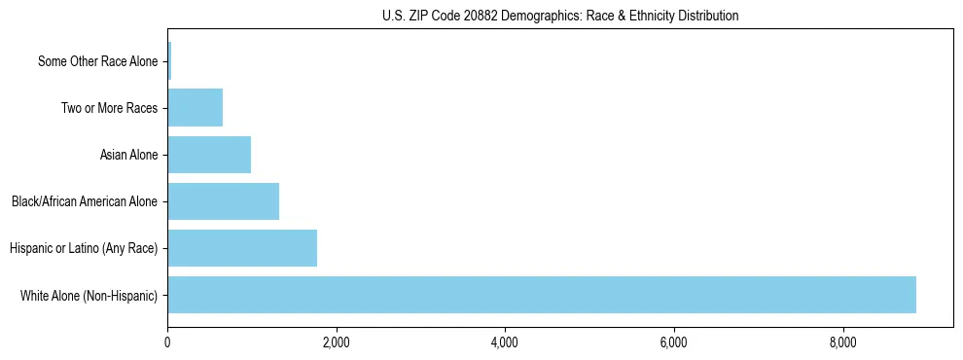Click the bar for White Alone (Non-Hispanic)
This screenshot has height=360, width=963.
click(x=542, y=295)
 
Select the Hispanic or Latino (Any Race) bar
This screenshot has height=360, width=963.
click(x=242, y=248)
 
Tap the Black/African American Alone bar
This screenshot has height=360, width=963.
click(x=224, y=201)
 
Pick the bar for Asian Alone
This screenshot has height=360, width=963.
click(x=209, y=155)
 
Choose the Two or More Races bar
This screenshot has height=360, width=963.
click(x=196, y=108)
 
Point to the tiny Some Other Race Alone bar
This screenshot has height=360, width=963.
click(x=169, y=61)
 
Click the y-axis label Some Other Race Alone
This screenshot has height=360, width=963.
click(x=97, y=61)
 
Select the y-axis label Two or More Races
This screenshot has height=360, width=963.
click(x=109, y=108)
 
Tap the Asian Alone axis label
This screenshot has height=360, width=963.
click(x=128, y=155)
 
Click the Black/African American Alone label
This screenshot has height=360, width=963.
click(x=85, y=201)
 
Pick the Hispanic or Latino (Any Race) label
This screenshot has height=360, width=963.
click(x=84, y=248)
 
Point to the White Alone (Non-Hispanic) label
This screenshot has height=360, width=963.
click(x=89, y=295)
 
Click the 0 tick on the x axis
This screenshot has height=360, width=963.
click(x=167, y=342)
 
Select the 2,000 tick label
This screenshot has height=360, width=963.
click(x=337, y=342)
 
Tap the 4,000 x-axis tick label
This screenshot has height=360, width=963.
click(x=505, y=342)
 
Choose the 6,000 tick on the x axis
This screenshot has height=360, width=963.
click(x=674, y=342)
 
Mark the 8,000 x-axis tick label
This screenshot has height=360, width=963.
click(x=842, y=342)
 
